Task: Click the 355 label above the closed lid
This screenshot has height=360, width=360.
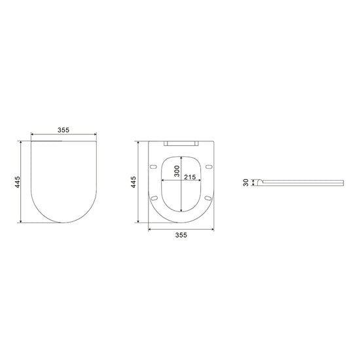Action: tap(63, 130)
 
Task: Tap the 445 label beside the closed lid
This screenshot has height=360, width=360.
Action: tap(18, 182)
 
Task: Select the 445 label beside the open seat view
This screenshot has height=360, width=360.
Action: tap(134, 182)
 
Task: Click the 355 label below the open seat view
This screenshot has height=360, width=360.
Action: tap(181, 235)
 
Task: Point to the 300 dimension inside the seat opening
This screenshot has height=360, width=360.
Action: tap(177, 171)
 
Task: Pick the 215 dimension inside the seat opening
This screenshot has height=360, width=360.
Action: tap(190, 177)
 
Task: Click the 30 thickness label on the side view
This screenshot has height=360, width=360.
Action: tap(246, 183)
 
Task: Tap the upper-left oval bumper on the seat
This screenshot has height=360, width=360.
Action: tap(153, 166)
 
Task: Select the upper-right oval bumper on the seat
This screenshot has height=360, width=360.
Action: tap(209, 166)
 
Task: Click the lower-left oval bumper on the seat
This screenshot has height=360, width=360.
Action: tap(154, 198)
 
